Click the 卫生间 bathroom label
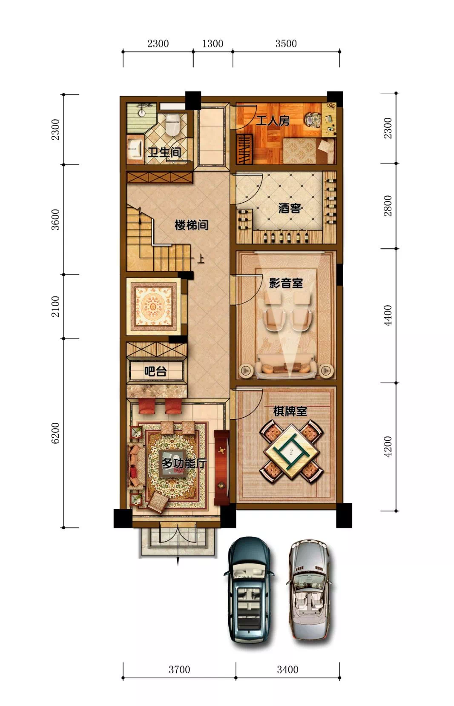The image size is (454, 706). click(x=164, y=152)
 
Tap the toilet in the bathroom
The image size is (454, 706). click(x=172, y=124)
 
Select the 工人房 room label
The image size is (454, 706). click(x=273, y=121)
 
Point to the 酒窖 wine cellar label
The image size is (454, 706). click(x=290, y=208)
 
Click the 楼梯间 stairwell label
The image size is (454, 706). click(x=191, y=225)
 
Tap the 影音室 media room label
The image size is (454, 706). click(x=286, y=283)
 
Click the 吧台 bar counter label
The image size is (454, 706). click(x=155, y=371)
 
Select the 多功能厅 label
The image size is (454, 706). click(x=184, y=463)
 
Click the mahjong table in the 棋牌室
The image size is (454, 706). click(x=291, y=452)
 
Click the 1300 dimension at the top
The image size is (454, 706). click(x=213, y=43)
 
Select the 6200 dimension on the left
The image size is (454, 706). click(x=55, y=433)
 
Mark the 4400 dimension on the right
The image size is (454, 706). click(x=388, y=316)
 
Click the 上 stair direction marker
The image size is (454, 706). click(x=201, y=259)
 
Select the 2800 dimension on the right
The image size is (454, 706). click(x=388, y=206)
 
